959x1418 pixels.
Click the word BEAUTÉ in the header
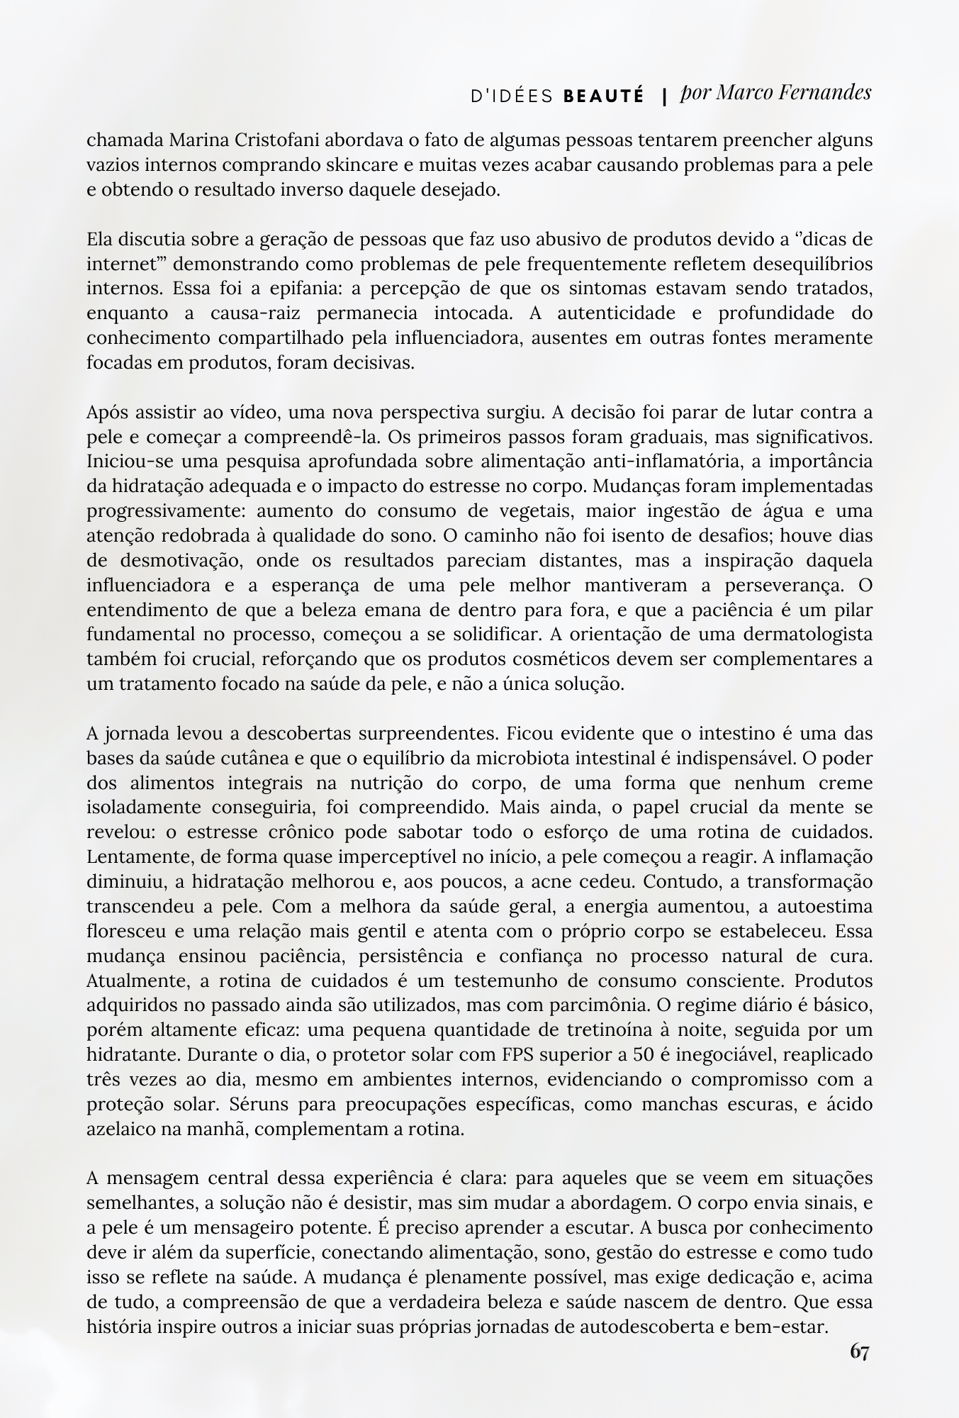(604, 96)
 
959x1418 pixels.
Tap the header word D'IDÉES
(512, 96)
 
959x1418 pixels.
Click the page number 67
(859, 1352)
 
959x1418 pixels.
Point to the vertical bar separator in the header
(664, 96)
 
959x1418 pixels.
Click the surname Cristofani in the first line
(277, 140)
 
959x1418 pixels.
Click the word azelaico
(122, 1129)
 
